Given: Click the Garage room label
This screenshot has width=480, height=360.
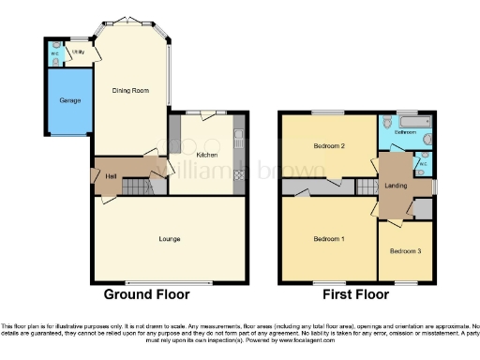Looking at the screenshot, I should [x=70, y=100].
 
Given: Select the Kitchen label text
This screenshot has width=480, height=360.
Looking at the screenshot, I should [x=207, y=154].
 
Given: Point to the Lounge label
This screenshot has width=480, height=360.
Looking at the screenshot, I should [x=170, y=239].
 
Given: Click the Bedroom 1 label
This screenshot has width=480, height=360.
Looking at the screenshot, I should [x=328, y=239].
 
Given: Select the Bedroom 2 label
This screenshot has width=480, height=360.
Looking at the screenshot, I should [x=331, y=146].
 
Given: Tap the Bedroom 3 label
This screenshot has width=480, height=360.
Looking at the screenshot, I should [x=405, y=251].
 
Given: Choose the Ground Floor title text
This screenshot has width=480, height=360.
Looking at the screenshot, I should [x=146, y=295].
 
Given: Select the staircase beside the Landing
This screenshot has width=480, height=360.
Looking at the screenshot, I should [x=363, y=188].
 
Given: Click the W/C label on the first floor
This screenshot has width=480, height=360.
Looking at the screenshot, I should [x=423, y=164].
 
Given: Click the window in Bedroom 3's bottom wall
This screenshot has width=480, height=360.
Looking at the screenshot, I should [x=405, y=283].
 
